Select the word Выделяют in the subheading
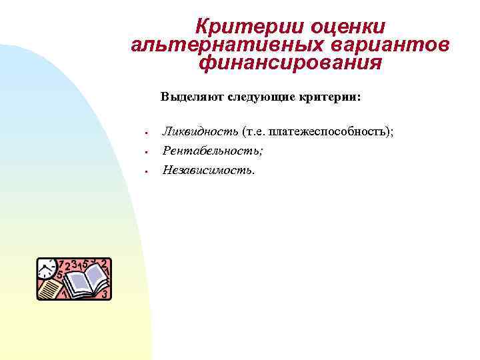pyautogui.click(x=192, y=97)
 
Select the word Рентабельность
pyautogui.click(x=213, y=151)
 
